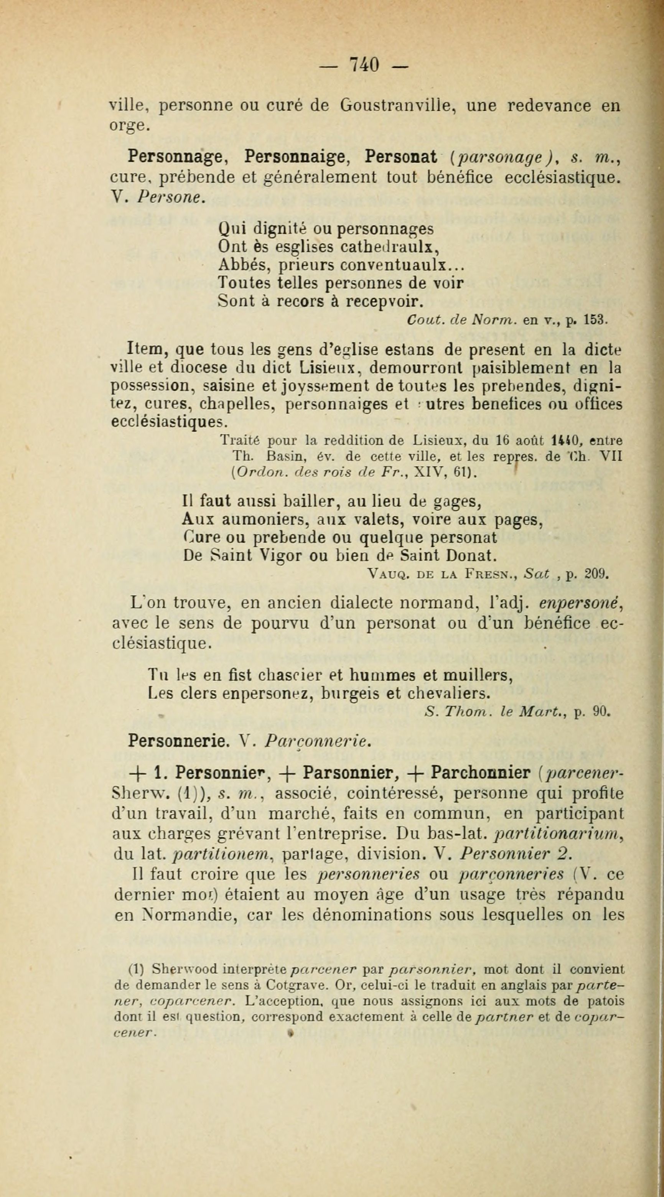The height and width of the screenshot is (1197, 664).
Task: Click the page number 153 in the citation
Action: pos(595,320)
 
